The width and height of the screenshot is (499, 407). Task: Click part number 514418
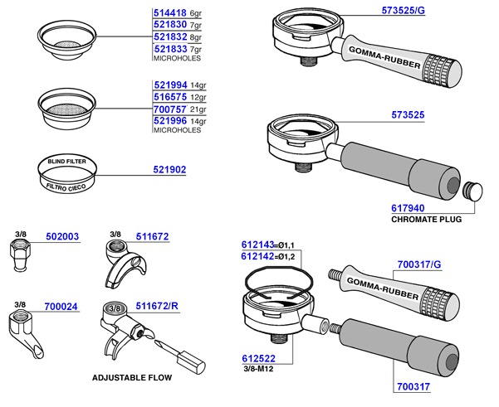tap(170, 14)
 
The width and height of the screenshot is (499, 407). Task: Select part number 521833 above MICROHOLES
tap(170, 49)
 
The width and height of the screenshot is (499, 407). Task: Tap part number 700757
tap(170, 109)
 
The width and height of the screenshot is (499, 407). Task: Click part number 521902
tap(169, 170)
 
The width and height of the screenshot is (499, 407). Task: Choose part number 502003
tap(62, 236)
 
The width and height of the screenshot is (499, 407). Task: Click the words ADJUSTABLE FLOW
tap(134, 378)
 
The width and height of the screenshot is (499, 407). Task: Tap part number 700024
tap(62, 307)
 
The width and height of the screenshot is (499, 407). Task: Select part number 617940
tap(407, 209)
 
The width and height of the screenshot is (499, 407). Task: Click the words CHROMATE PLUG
tap(426, 221)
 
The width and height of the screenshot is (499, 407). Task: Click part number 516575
tap(170, 98)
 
